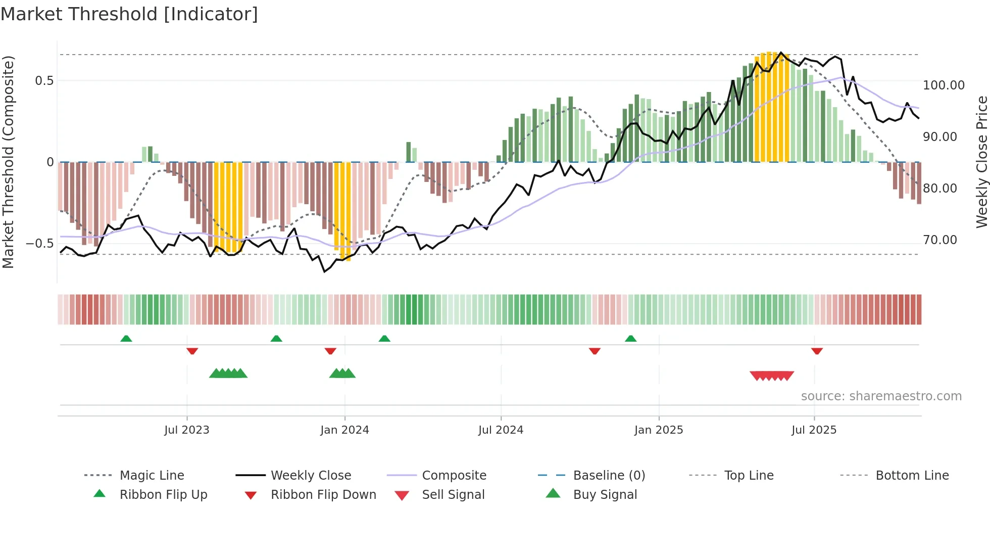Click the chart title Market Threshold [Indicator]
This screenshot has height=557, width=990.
129,14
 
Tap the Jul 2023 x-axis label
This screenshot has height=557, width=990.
186,430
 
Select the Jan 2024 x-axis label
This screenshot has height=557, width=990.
344,430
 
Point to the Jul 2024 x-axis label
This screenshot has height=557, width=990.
501,430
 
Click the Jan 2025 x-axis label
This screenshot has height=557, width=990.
659,430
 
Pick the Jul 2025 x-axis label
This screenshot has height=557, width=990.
814,430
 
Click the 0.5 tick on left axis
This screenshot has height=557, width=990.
44,81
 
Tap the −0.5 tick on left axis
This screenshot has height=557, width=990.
40,244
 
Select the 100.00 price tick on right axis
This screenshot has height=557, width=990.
944,85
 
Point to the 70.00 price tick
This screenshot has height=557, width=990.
940,240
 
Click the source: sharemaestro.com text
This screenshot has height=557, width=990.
881,396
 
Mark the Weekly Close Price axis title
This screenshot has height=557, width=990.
981,162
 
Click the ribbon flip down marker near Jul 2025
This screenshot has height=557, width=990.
817,351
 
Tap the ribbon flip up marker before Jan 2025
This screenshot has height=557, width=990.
630,339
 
